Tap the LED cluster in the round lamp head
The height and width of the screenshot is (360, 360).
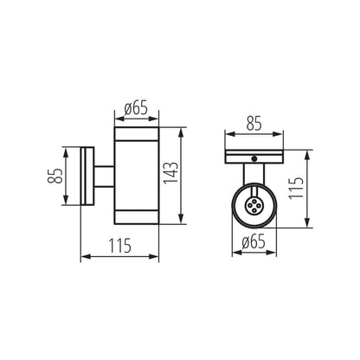(x=254, y=206)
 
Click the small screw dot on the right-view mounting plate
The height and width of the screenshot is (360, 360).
(x=254, y=158)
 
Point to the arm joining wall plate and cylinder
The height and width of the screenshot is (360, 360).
(x=103, y=176)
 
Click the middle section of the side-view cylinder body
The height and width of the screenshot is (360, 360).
(x=135, y=176)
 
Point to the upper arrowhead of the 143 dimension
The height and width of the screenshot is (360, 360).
(x=182, y=132)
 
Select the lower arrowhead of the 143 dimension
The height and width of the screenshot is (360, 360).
(x=182, y=222)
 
